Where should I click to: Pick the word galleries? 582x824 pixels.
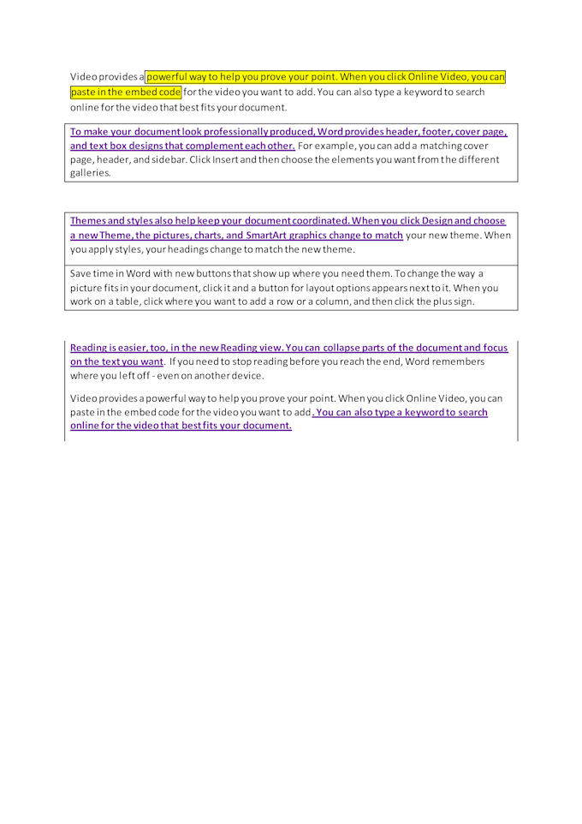pyautogui.click(x=90, y=172)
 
